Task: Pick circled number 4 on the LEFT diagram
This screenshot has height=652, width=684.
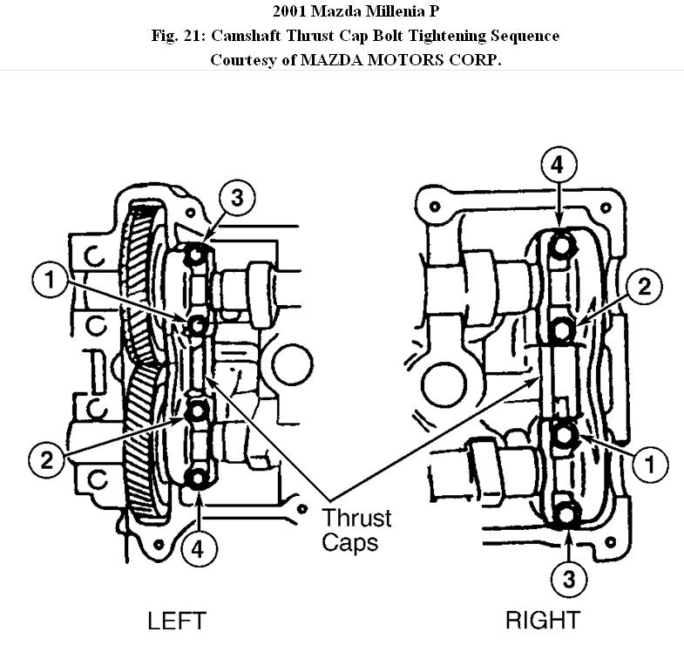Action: (199, 548)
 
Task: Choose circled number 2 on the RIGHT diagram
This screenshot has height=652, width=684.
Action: (645, 287)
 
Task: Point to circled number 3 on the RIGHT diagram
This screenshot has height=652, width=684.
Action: (568, 578)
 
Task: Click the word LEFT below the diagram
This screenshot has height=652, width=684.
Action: (176, 621)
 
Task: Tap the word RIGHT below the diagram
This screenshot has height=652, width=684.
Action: (543, 621)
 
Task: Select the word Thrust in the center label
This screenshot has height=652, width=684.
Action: (357, 518)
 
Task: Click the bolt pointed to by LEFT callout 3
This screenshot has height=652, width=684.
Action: (197, 255)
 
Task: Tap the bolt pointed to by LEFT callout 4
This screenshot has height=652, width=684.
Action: (198, 478)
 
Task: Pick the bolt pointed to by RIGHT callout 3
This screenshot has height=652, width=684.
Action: (566, 514)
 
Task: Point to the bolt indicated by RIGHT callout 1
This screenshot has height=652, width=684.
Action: (563, 433)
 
